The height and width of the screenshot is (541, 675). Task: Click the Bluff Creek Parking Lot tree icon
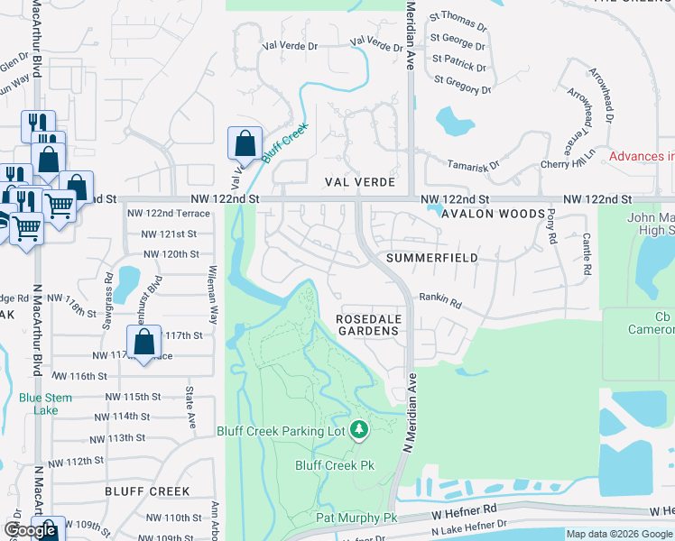pyautogui.click(x=360, y=430)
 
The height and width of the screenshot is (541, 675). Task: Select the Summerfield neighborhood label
pyautogui.click(x=430, y=258)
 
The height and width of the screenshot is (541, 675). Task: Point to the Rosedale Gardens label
pyautogui.click(x=367, y=325)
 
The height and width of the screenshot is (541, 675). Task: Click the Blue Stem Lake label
pyautogui.click(x=38, y=404)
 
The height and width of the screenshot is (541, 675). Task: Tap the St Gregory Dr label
pyautogui.click(x=461, y=82)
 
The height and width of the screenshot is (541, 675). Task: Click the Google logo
pyautogui.click(x=31, y=530)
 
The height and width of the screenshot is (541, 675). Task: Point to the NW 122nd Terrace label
pyautogui.click(x=169, y=214)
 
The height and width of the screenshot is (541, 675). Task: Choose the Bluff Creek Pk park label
pyautogui.click(x=335, y=465)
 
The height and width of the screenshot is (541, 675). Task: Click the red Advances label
pyautogui.click(x=641, y=156)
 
